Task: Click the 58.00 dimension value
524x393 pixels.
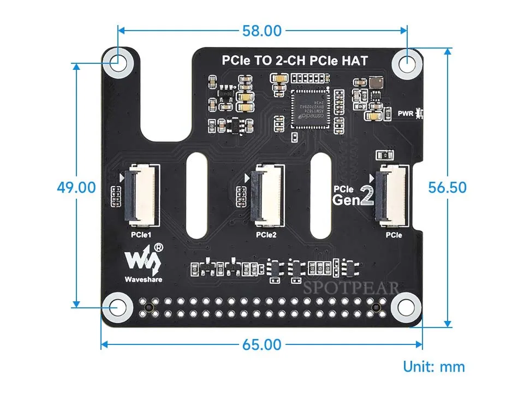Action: tap(262, 31)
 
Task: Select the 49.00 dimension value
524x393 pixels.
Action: tap(76, 187)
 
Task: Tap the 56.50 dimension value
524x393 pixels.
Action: tap(448, 187)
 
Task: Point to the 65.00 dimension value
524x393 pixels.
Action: tap(262, 345)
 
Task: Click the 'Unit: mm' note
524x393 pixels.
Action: tap(434, 367)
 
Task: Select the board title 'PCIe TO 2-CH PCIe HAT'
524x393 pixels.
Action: tap(294, 61)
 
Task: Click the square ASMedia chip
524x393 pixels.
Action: tap(311, 108)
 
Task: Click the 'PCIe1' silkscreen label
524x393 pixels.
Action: tap(141, 235)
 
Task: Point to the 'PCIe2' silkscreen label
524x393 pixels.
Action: tap(266, 235)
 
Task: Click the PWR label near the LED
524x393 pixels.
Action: tap(406, 114)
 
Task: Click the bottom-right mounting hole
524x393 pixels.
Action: tap(407, 306)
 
